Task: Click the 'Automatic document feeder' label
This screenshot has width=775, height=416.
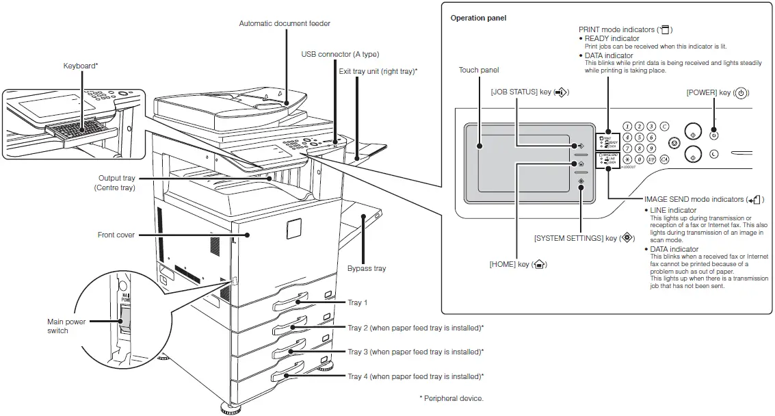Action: click(284, 23)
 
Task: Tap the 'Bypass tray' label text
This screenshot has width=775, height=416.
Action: click(367, 268)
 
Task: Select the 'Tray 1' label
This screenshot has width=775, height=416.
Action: click(358, 302)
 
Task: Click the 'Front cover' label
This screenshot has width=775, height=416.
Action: click(116, 235)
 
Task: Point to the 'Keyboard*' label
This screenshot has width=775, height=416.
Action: click(81, 66)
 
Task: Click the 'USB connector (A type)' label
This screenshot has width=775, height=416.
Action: click(340, 54)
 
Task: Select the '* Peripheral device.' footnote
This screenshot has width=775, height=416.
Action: click(451, 398)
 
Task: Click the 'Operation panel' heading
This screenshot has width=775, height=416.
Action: click(478, 18)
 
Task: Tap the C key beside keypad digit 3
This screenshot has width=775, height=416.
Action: click(664, 127)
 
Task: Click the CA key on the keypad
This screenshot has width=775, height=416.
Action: click(664, 159)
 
